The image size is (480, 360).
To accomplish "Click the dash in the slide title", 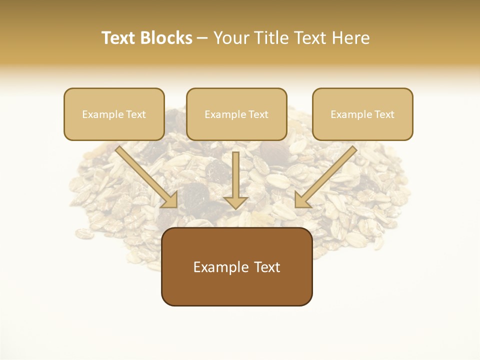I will (202, 38).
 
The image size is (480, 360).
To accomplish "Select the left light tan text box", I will (114, 114).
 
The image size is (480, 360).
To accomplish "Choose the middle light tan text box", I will (236, 114).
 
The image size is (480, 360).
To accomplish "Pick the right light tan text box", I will (362, 114).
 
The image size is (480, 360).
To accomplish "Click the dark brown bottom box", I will (236, 266).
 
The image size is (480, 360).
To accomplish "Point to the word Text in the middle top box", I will (258, 114).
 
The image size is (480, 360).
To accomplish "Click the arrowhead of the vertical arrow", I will (235, 202).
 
